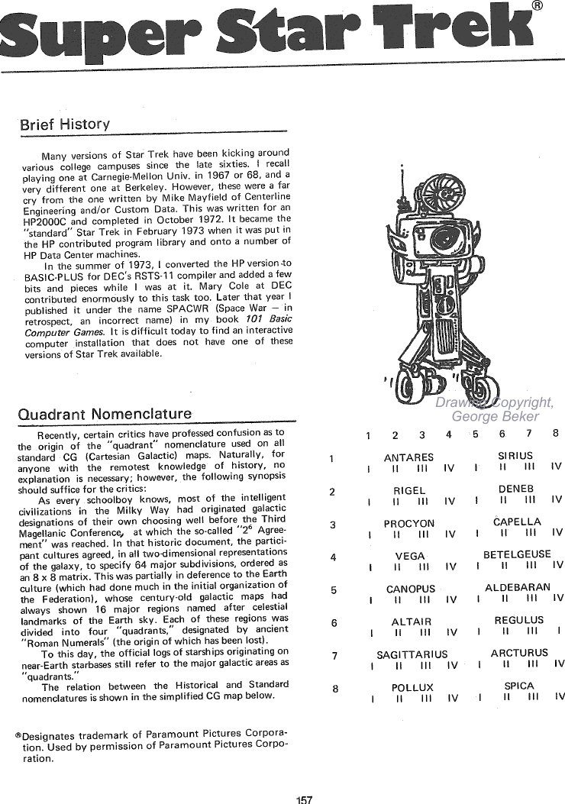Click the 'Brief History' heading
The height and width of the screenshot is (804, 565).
pyautogui.click(x=65, y=124)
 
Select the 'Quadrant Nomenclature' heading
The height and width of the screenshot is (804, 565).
pyautogui.click(x=105, y=414)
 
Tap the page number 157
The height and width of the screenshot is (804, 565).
pyautogui.click(x=304, y=799)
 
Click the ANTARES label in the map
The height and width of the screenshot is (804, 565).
pyautogui.click(x=408, y=457)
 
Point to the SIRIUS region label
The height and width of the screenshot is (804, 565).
pyautogui.click(x=515, y=455)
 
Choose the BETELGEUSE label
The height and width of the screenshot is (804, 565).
pyautogui.click(x=517, y=554)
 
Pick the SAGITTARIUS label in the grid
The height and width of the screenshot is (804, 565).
pyautogui.click(x=412, y=655)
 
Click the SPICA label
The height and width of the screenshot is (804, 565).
pyautogui.click(x=519, y=686)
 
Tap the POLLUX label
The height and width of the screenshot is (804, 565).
pyautogui.click(x=413, y=688)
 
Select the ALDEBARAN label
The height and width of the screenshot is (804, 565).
pyautogui.click(x=518, y=587)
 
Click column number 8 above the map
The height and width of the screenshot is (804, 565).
pyautogui.click(x=556, y=433)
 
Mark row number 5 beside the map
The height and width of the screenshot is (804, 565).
pyautogui.click(x=334, y=590)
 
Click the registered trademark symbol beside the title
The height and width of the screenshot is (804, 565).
pyautogui.click(x=538, y=5)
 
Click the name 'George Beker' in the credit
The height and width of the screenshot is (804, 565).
pyautogui.click(x=496, y=416)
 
